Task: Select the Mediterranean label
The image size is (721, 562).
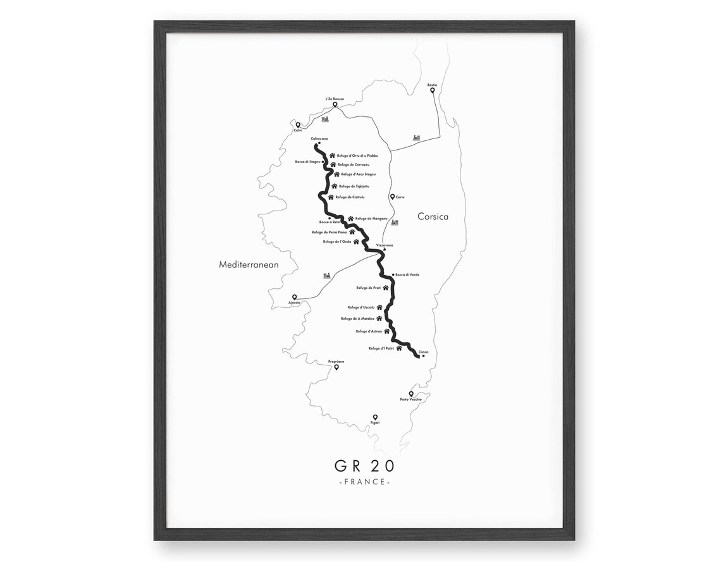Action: pyautogui.click(x=249, y=265)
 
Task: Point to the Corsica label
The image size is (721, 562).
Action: pyautogui.click(x=433, y=217)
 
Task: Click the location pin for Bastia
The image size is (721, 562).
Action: pyautogui.click(x=433, y=90)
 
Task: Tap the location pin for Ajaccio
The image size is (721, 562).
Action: pyautogui.click(x=294, y=297)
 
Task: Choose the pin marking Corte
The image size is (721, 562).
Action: pyautogui.click(x=393, y=197)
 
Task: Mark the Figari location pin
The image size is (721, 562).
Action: pyautogui.click(x=375, y=417)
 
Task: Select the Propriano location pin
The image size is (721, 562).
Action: pyautogui.click(x=337, y=367)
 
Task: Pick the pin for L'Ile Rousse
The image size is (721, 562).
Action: pyautogui.click(x=335, y=105)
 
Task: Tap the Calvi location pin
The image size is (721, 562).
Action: pyautogui.click(x=298, y=125)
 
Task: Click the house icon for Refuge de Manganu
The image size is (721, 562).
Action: pyautogui.click(x=350, y=219)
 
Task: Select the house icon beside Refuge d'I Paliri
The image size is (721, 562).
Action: pyautogui.click(x=399, y=348)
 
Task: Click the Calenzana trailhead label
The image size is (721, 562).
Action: pyautogui.click(x=319, y=138)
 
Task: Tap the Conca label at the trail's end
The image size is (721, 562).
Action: pyautogui.click(x=423, y=351)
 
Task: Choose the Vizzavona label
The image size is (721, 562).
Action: pyautogui.click(x=384, y=244)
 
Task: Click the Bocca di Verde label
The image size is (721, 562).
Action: pyautogui.click(x=407, y=274)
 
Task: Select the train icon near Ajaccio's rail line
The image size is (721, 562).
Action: pyautogui.click(x=327, y=276)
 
